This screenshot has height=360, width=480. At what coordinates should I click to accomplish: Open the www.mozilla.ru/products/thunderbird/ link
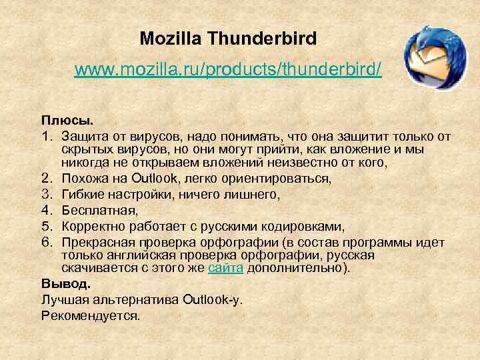[x=228, y=69]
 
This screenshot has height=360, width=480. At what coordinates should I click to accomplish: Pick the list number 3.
[x=46, y=195]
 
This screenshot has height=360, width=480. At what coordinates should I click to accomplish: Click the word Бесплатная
[x=91, y=211]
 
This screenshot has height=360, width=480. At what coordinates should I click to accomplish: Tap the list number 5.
[x=46, y=227]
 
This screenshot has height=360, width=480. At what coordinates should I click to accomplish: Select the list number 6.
[x=46, y=242]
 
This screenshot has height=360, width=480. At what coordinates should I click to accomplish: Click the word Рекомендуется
[x=91, y=315]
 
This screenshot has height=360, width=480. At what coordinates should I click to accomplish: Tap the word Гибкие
[x=81, y=195]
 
